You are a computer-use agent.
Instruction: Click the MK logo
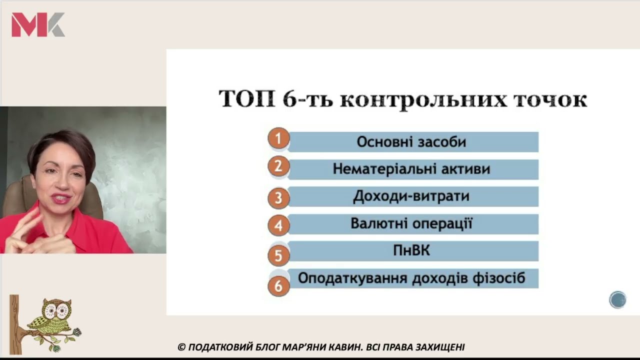click(x=38, y=24)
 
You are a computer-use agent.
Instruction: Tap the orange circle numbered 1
click(x=278, y=139)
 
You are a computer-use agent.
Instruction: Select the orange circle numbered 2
click(x=278, y=166)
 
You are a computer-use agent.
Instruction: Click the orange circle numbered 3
click(x=278, y=198)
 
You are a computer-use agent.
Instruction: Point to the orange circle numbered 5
click(x=278, y=256)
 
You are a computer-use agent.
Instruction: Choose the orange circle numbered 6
click(x=278, y=286)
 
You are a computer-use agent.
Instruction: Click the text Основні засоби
click(x=411, y=142)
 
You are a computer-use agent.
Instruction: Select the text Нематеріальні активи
click(x=411, y=169)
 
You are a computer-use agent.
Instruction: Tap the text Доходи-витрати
click(x=411, y=196)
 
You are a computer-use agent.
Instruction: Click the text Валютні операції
click(x=411, y=223)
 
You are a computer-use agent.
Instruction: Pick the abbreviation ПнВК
click(x=411, y=250)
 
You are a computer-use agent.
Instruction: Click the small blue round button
click(x=617, y=299)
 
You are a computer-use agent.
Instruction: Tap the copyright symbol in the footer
click(x=181, y=347)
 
